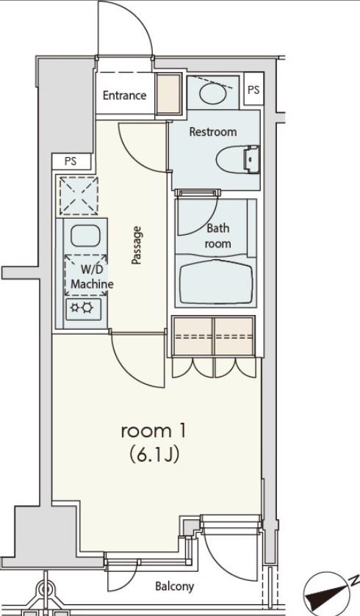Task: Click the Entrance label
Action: [x=125, y=95]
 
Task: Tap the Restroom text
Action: [x=213, y=131]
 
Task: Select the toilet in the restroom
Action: [x=238, y=159]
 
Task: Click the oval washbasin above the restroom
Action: [x=213, y=93]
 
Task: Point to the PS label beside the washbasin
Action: [x=254, y=90]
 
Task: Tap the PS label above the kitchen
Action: [x=71, y=161]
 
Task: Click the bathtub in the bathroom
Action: [x=216, y=280]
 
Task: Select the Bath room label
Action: [x=217, y=236]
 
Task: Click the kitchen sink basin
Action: [x=85, y=236]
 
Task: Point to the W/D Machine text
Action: [x=92, y=277]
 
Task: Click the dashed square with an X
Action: [x=79, y=195]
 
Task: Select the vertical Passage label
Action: [x=136, y=245]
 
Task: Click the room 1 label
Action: [x=154, y=432]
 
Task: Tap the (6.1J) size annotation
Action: [x=154, y=454]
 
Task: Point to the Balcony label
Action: [x=175, y=587]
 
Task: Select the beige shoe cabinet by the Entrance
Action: [x=168, y=93]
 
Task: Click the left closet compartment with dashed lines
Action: [x=193, y=336]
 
